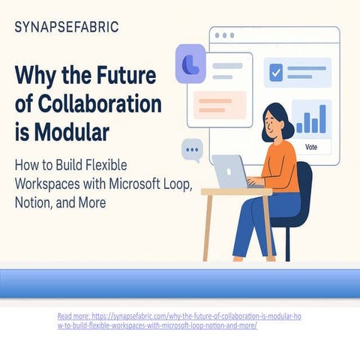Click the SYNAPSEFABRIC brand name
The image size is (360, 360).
[x=66, y=28]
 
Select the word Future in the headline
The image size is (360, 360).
[x=129, y=76]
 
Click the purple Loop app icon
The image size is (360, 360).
[x=190, y=62]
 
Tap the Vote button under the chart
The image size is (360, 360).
[x=312, y=148]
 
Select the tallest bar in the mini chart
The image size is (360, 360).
[x=322, y=118]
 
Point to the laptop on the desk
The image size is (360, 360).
[x=229, y=172]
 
